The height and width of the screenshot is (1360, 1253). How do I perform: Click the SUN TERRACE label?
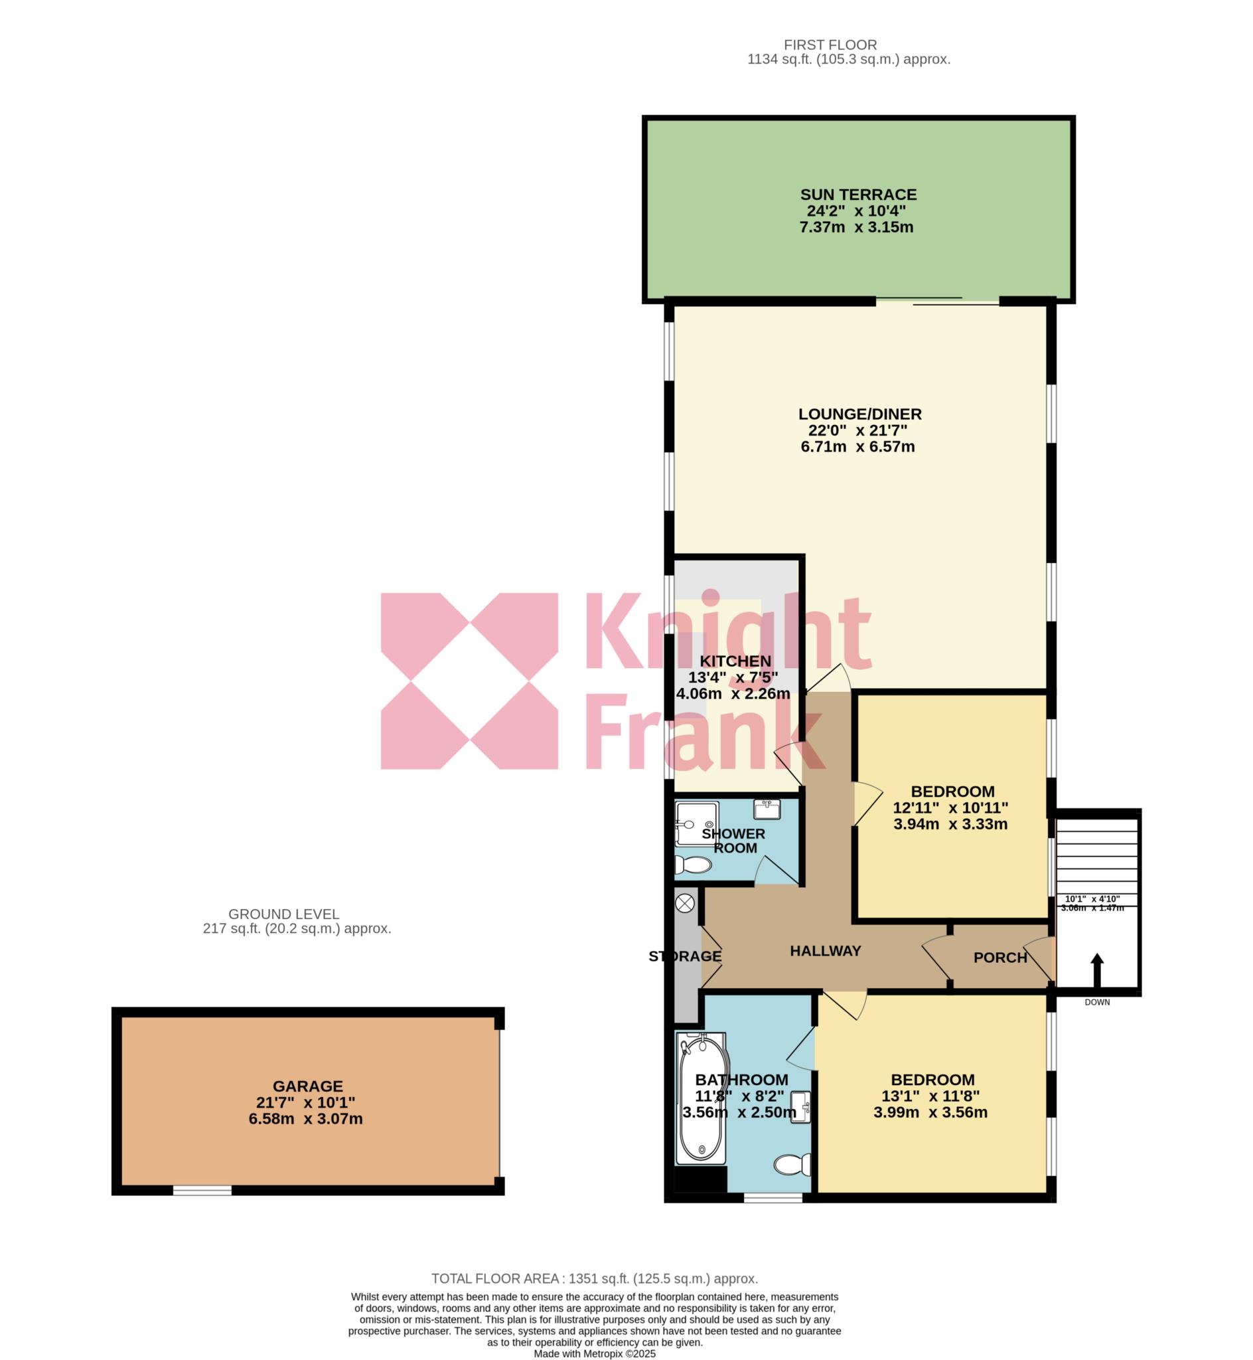point(857,195)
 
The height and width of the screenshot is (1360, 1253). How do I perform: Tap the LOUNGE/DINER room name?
point(859,414)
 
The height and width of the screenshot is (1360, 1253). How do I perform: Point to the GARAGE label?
point(308,1086)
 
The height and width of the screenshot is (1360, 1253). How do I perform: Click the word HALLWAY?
point(825,951)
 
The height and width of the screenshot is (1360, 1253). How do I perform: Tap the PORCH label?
point(1000,958)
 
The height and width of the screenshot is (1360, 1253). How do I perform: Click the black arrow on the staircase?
point(1096,969)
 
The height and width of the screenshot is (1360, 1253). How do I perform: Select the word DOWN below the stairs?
point(1097,1002)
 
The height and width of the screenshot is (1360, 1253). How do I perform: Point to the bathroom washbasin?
point(802,1108)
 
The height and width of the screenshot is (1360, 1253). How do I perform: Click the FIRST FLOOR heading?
point(830,44)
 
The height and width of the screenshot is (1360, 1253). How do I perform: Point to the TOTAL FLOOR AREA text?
point(595,1278)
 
